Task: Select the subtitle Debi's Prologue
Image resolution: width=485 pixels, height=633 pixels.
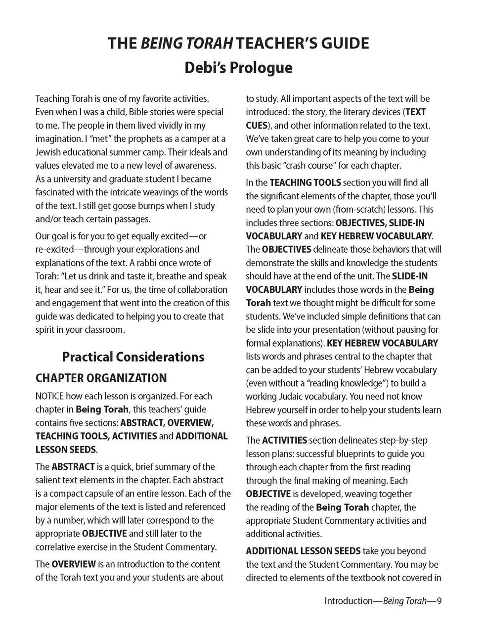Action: [x=238, y=67]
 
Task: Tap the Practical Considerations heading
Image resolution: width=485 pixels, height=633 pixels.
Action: [x=133, y=357]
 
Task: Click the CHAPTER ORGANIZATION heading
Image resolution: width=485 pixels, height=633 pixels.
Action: [x=101, y=378]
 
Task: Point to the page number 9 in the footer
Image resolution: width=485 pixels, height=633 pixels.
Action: [x=439, y=601]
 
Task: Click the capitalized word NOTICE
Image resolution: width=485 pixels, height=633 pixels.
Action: [x=49, y=396]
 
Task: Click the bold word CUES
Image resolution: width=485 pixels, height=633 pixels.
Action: [x=256, y=126]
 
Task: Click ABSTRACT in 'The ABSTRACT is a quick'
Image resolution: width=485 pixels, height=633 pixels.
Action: [x=73, y=467]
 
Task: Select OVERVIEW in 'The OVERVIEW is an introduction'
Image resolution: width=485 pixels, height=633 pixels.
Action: [x=74, y=564]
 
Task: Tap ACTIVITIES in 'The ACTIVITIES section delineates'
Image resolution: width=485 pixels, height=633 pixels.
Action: [x=284, y=440]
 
